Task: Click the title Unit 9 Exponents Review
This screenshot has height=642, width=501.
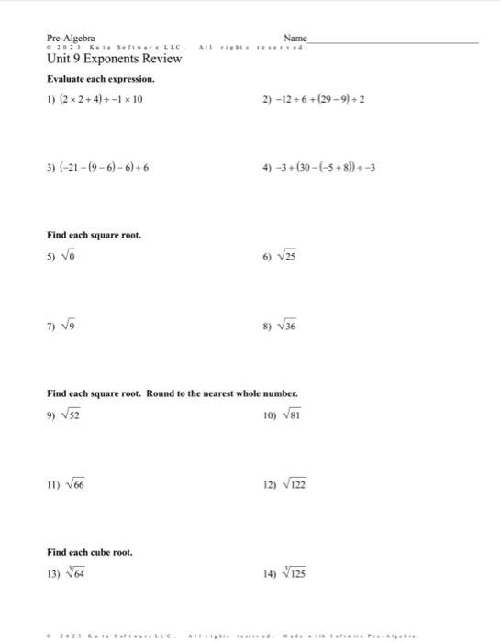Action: coord(114,60)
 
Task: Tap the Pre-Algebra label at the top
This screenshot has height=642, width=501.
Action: coord(71,38)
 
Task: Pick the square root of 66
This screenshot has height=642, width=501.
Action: coord(72,483)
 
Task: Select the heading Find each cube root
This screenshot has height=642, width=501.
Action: coord(90,552)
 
